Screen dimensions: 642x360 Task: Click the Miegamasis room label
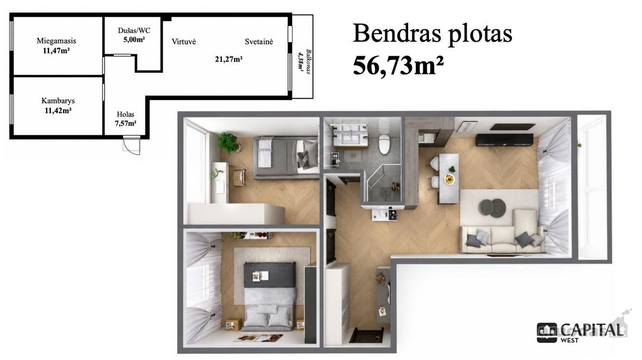[57, 41]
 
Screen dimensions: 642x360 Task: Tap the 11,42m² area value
[58, 111]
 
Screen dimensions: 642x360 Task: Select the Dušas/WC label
[134, 30]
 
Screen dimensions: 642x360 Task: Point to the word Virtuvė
[184, 42]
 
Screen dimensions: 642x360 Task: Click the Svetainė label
[259, 42]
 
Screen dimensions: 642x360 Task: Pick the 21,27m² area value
[229, 59]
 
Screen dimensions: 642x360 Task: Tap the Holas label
[126, 114]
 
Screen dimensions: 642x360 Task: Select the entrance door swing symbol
[132, 146]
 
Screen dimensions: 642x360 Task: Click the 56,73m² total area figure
[398, 66]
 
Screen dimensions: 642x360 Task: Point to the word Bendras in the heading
[397, 34]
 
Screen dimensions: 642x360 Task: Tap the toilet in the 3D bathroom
[384, 141]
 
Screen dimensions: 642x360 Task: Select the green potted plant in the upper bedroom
[228, 142]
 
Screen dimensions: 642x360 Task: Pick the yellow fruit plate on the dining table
[449, 179]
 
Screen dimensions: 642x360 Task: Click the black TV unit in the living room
[505, 140]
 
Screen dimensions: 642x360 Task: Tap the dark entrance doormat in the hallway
[367, 335]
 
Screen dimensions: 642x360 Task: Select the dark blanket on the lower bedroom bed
[270, 275]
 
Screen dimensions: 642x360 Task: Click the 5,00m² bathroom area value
[134, 40]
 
